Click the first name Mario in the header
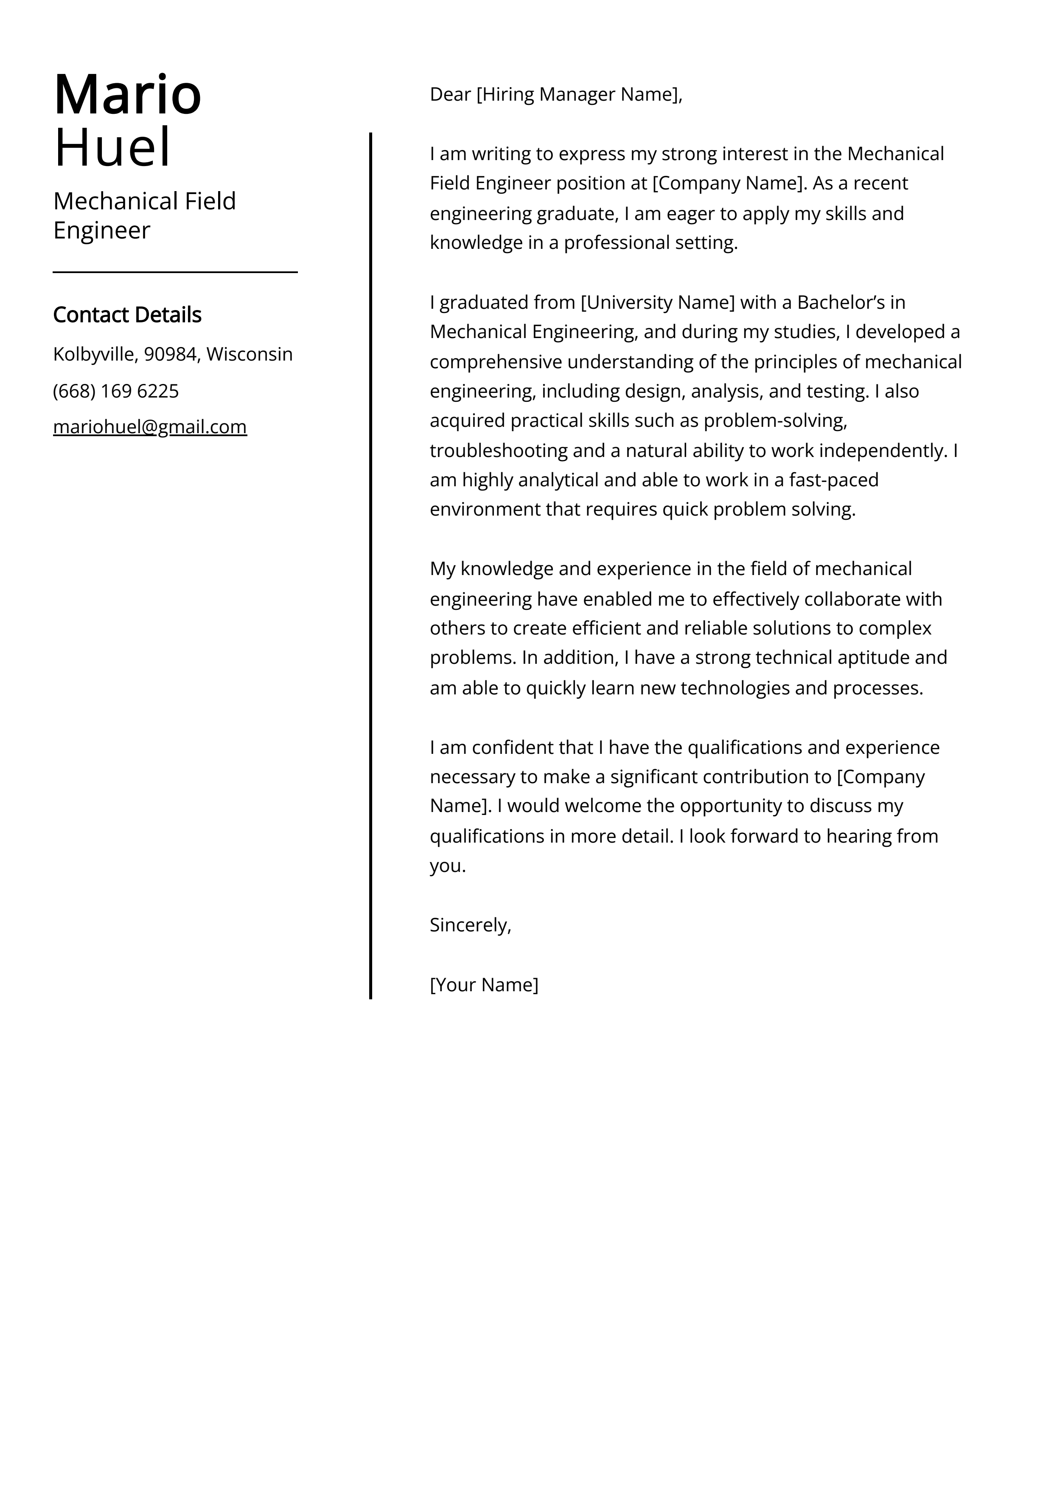(x=128, y=95)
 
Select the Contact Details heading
(x=127, y=315)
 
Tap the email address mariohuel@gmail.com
(x=150, y=427)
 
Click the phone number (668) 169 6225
(x=116, y=391)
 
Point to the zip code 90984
(x=170, y=354)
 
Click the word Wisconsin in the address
(x=250, y=354)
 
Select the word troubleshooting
(x=489, y=450)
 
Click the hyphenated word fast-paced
(x=833, y=480)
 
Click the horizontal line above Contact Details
(x=175, y=272)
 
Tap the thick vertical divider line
(x=371, y=564)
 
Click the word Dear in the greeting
(x=450, y=95)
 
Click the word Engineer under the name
(x=102, y=230)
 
